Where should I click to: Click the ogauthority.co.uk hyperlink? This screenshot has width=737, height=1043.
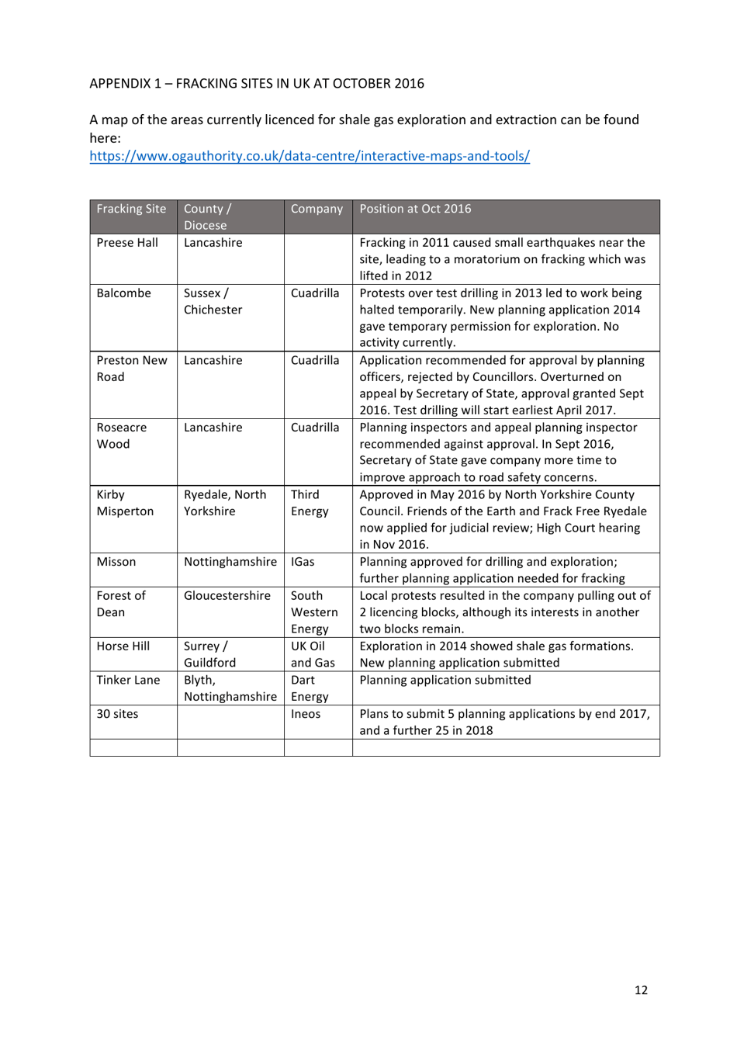tap(310, 156)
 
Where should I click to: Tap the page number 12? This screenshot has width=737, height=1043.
tap(641, 989)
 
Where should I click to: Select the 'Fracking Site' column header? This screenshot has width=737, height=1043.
tap(131, 209)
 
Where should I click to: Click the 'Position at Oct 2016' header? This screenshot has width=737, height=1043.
tap(415, 209)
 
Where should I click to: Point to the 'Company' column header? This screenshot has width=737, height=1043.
tap(317, 209)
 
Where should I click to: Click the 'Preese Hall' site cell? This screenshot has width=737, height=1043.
tap(127, 243)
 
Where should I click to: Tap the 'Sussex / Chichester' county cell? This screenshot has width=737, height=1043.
tap(213, 301)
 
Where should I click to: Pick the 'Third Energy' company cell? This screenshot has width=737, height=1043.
tap(310, 503)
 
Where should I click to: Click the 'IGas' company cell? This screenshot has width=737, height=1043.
tap(303, 562)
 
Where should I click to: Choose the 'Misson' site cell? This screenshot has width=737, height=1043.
tap(116, 562)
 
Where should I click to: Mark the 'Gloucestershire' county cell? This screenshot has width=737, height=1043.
tap(227, 596)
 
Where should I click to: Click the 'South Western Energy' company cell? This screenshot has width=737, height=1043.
tap(314, 612)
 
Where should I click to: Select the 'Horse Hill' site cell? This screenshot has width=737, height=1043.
tap(123, 646)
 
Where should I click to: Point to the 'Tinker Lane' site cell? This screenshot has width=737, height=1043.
tap(128, 681)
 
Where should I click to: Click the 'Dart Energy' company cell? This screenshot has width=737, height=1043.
tap(310, 688)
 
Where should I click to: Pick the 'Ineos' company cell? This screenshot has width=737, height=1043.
tap(306, 714)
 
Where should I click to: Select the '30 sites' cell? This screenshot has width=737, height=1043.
tap(117, 714)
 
